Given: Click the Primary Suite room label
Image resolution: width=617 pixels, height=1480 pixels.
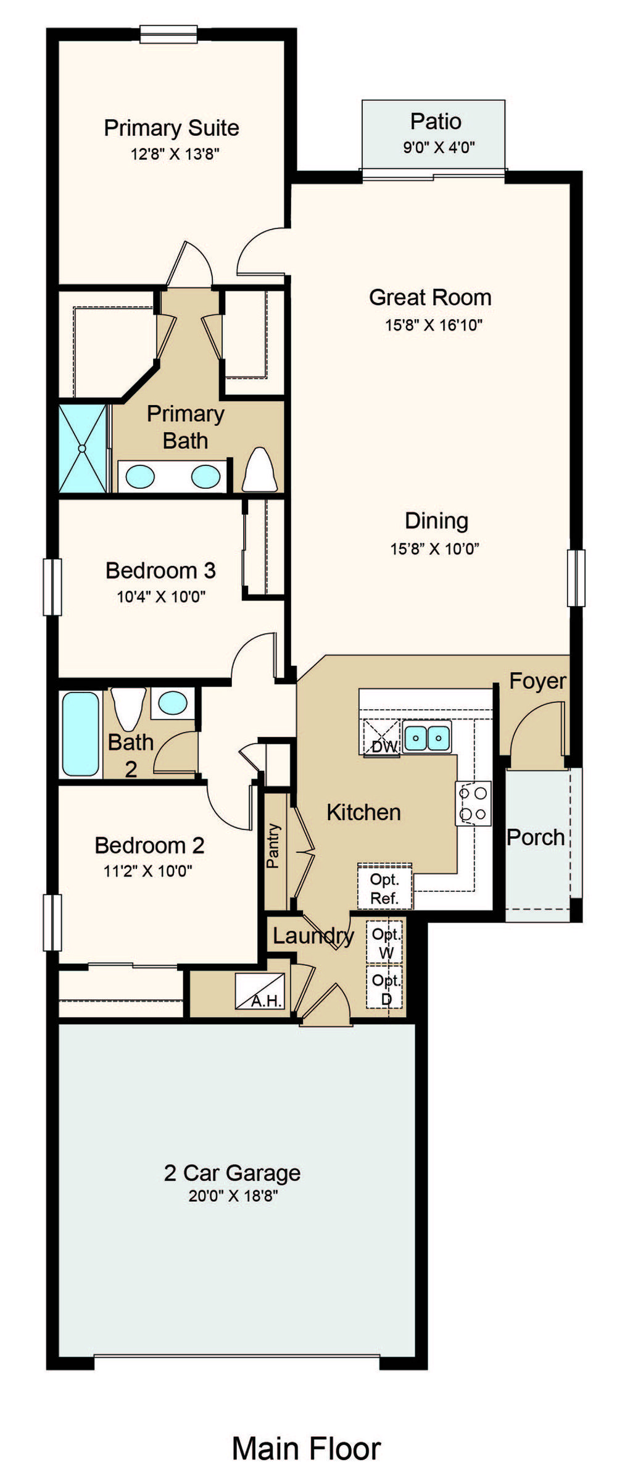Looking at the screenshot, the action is (x=172, y=128).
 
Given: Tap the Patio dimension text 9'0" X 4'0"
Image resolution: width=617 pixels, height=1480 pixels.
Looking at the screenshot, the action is (x=439, y=147).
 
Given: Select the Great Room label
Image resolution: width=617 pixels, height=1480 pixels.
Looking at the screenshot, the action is (x=430, y=297).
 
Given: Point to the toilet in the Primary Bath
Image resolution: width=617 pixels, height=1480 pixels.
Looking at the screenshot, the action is (x=260, y=469).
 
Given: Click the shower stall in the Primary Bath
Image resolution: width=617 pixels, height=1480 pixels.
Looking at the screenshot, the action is (x=83, y=448).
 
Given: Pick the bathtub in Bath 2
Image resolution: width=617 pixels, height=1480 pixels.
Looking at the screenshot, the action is (x=80, y=733).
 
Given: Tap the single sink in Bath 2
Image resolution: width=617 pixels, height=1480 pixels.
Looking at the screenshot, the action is (x=173, y=703).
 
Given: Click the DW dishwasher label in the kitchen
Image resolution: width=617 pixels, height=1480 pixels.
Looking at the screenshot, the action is (x=384, y=746).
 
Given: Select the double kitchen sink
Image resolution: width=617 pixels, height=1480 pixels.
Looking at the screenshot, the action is (x=427, y=737).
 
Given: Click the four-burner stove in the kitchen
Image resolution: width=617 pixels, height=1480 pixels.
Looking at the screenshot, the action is (x=473, y=803).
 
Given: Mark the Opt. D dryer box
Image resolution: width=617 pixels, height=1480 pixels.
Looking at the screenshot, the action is (x=385, y=987).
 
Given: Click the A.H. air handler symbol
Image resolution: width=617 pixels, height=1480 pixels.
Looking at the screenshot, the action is (x=260, y=991).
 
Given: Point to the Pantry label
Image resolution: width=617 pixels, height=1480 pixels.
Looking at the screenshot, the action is (x=273, y=846).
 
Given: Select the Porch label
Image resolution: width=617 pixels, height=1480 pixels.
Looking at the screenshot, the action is (x=536, y=838).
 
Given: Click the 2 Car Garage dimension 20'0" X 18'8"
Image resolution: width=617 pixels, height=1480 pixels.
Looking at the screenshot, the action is (x=233, y=1195).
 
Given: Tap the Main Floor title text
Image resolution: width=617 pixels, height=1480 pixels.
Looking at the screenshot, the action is (x=306, y=1448).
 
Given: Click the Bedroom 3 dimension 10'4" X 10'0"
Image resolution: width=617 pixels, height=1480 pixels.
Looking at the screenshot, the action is (x=161, y=596).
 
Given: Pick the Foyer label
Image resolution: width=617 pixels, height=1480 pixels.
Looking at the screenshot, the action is (x=537, y=681).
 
